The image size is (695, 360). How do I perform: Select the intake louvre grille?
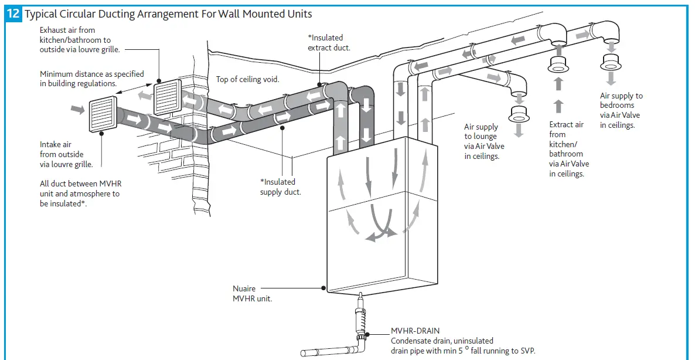click(x=102, y=116)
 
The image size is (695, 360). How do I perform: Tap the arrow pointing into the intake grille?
click(x=77, y=108)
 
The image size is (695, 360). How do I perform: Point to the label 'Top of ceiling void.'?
click(x=247, y=79)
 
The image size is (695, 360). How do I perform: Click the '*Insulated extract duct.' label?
click(x=329, y=43)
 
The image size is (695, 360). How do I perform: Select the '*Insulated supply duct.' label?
click(x=280, y=187)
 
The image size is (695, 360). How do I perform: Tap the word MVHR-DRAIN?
click(x=415, y=331)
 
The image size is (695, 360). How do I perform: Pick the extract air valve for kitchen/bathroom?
click(x=558, y=66)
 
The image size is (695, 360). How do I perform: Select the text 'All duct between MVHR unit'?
click(x=80, y=184)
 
